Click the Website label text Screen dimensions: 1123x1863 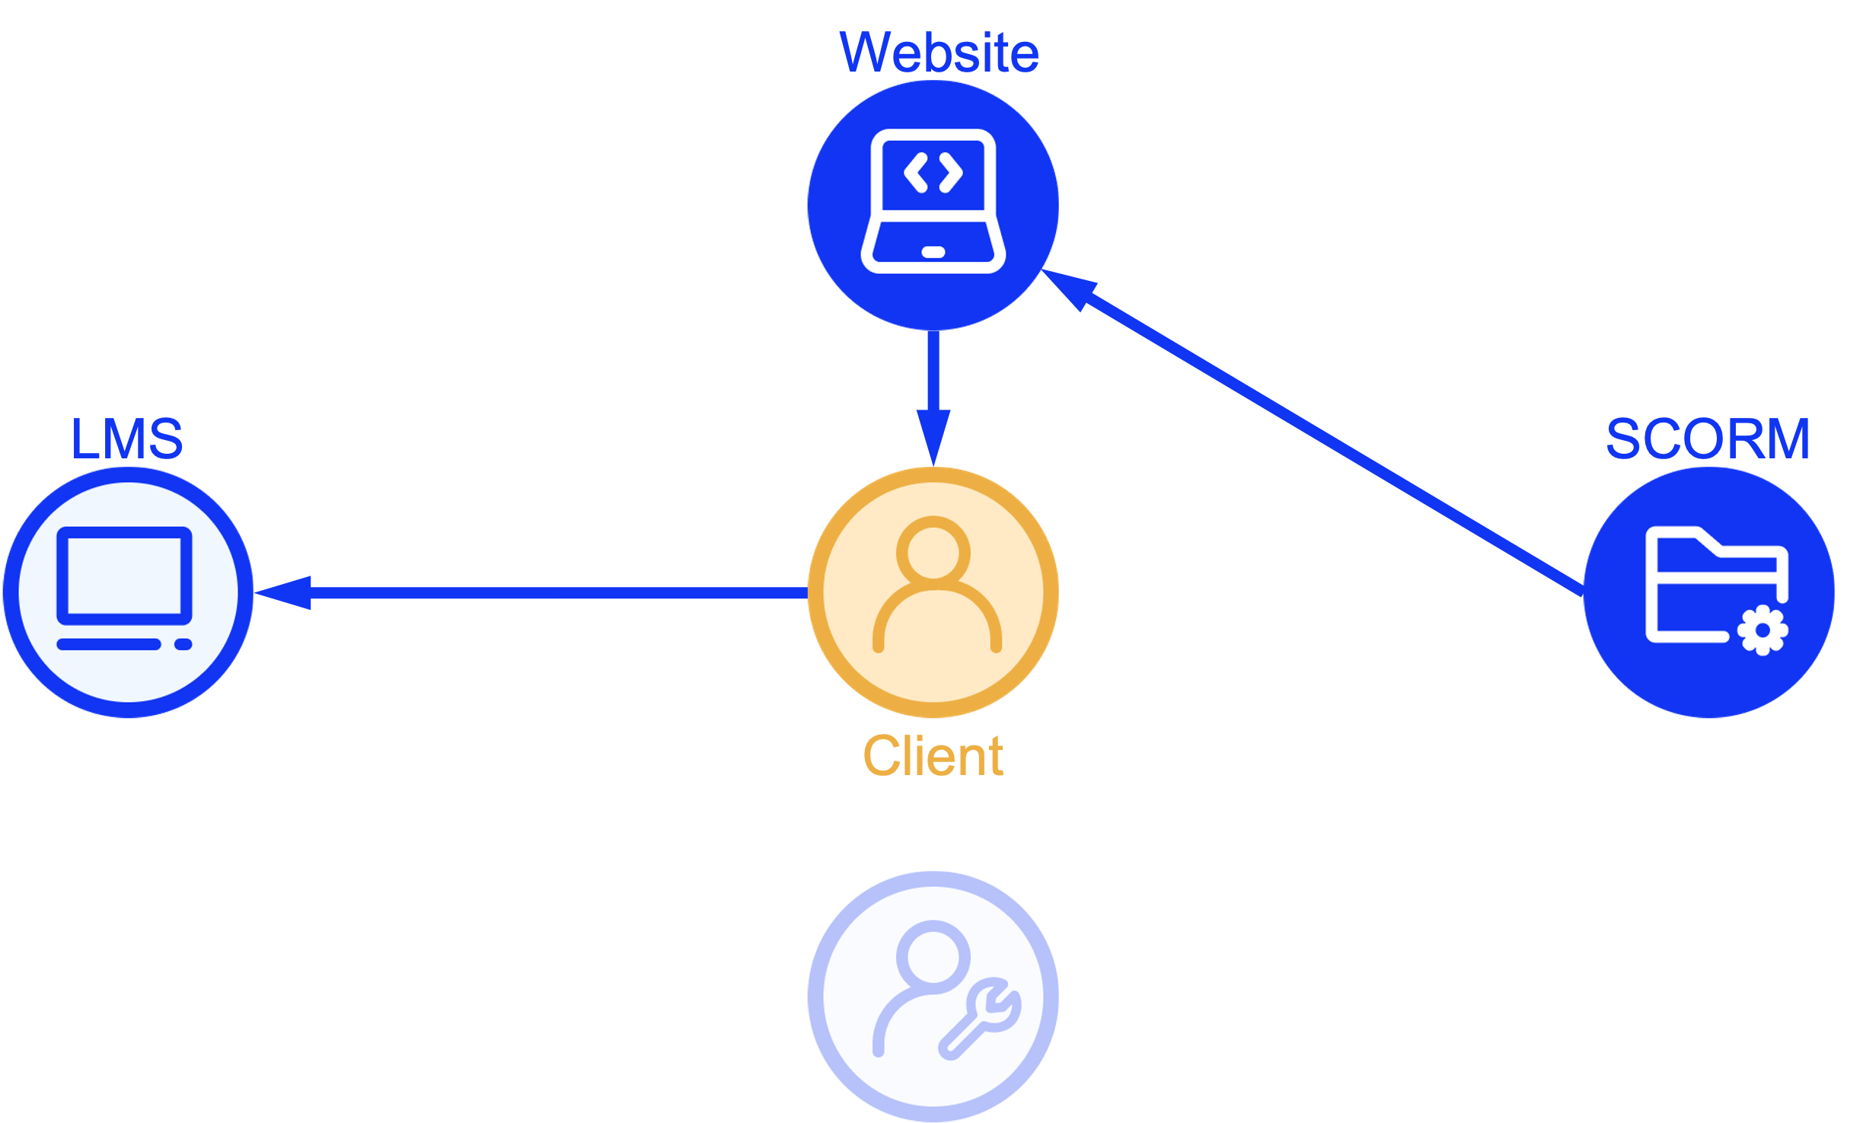pyautogui.click(x=938, y=53)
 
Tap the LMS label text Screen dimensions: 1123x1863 pyautogui.click(x=127, y=439)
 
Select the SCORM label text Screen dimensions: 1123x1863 pyautogui.click(x=1708, y=439)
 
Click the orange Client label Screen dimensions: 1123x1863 pyautogui.click(x=933, y=756)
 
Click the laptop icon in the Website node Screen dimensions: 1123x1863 pyautogui.click(x=933, y=201)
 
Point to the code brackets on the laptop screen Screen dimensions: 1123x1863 pyautogui.click(x=933, y=173)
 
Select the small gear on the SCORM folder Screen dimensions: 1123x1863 pyautogui.click(x=1762, y=630)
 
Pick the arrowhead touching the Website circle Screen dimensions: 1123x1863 pyautogui.click(x=1070, y=288)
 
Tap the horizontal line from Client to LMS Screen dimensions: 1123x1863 pyautogui.click(x=556, y=593)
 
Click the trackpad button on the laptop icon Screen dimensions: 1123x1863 pyautogui.click(x=933, y=252)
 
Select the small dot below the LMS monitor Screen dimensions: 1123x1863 pyautogui.click(x=183, y=645)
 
